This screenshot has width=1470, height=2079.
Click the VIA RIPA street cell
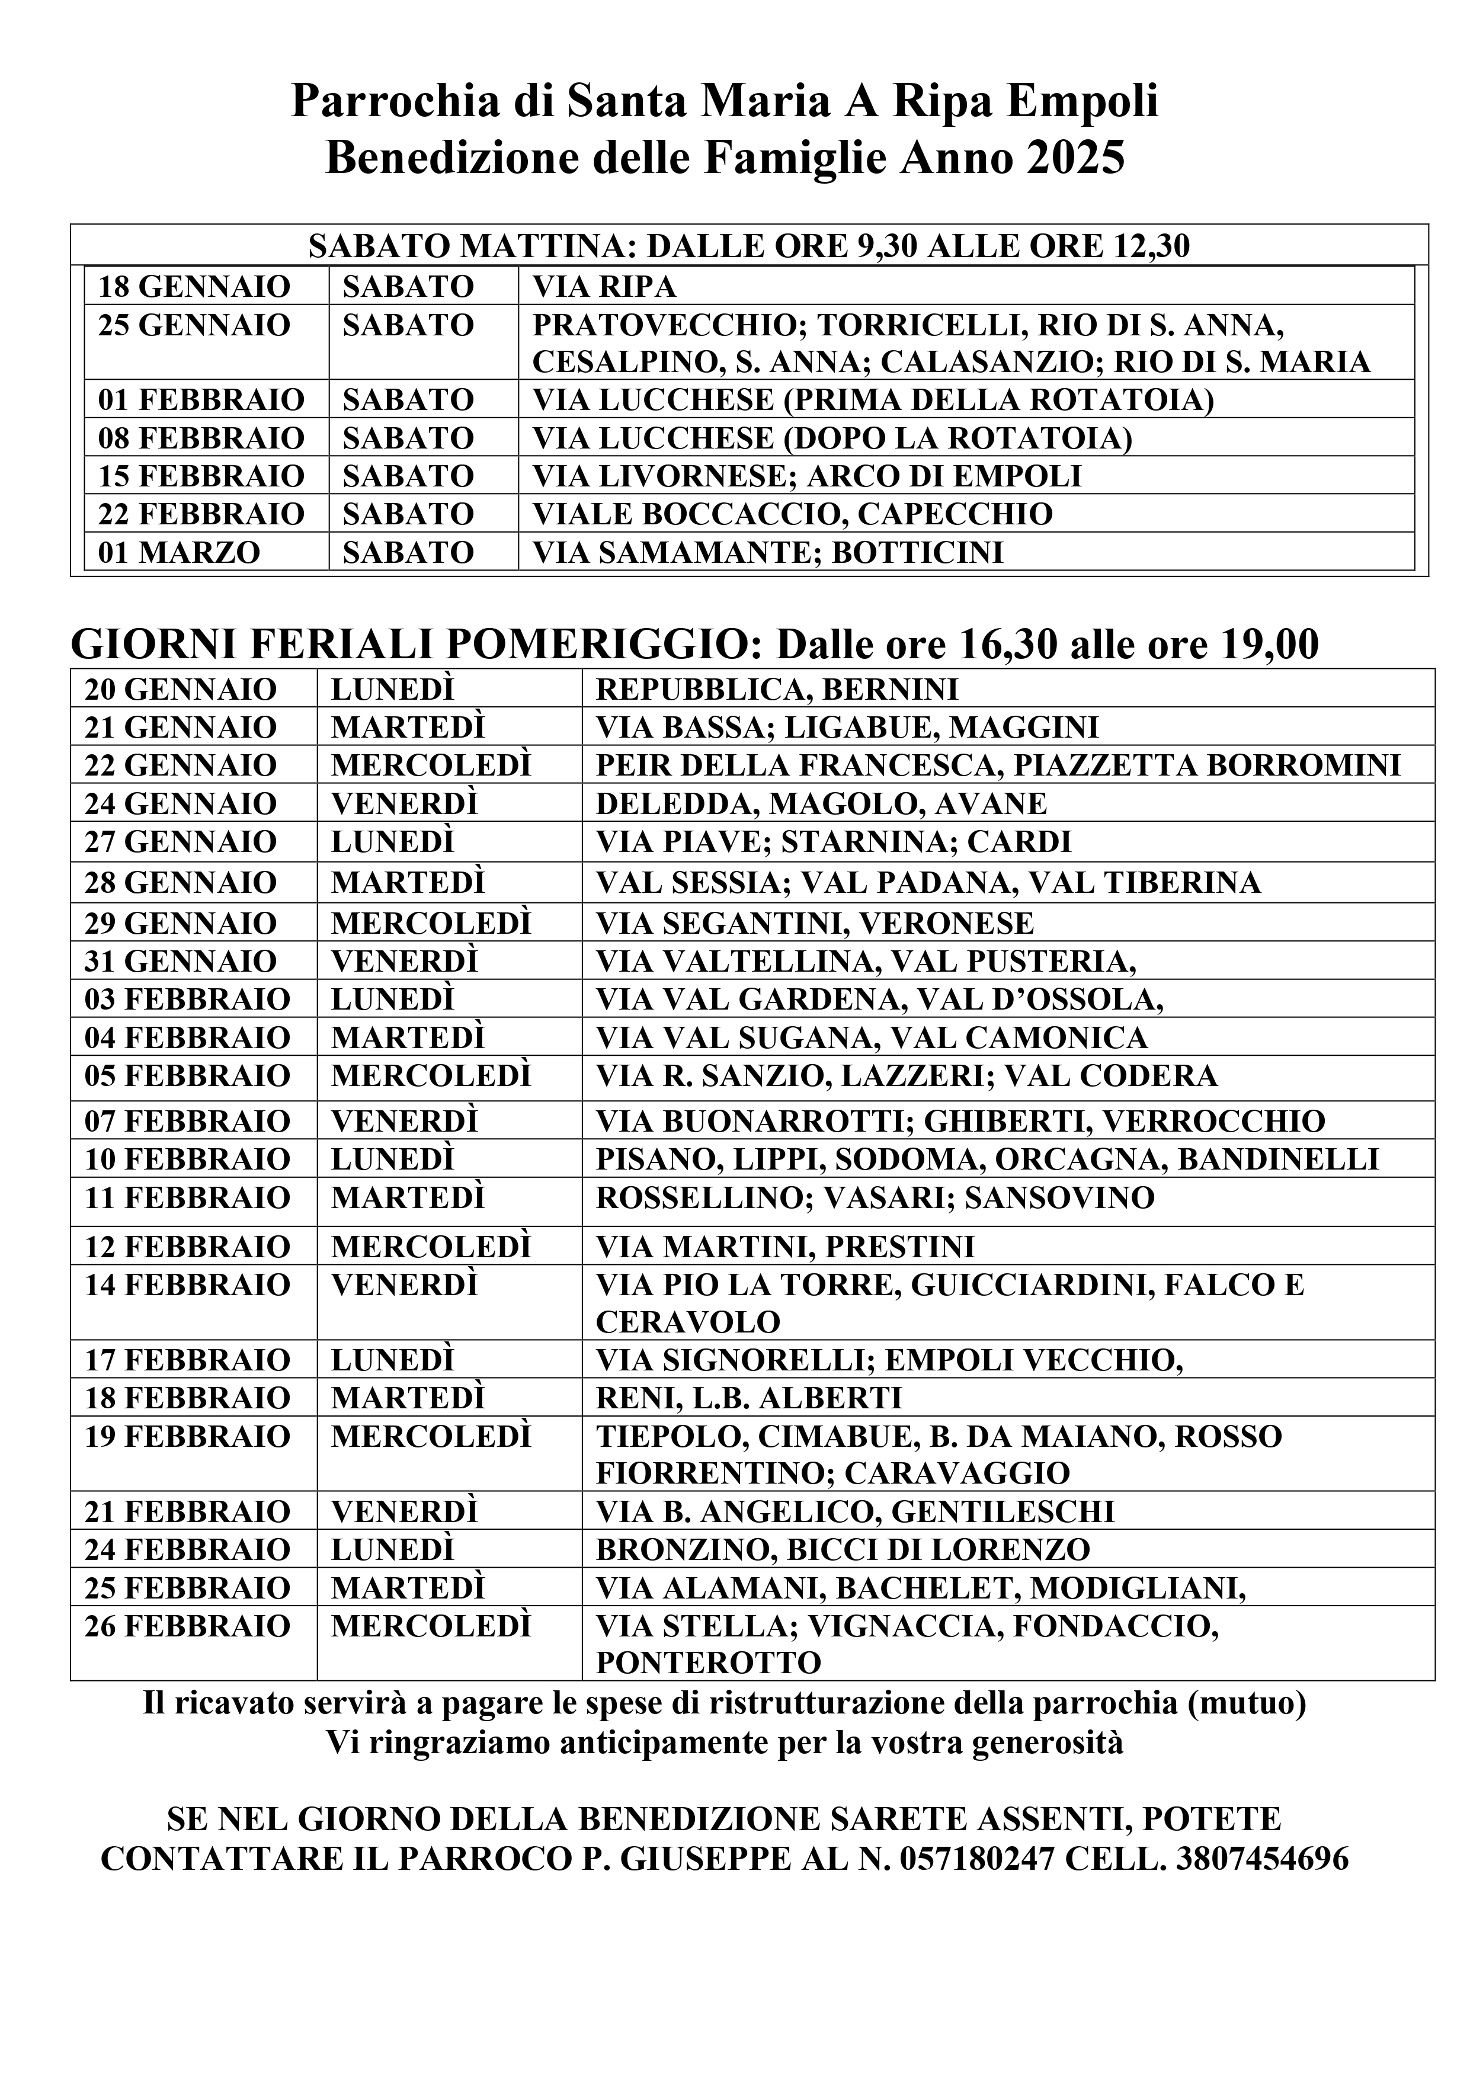[x=604, y=287]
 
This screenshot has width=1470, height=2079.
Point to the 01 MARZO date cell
[x=180, y=552]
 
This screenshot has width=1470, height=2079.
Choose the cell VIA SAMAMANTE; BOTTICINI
[x=768, y=552]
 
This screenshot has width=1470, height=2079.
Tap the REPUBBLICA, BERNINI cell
[x=776, y=690]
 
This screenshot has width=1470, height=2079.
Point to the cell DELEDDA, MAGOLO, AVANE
[x=821, y=804]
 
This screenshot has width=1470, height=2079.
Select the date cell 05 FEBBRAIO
[x=187, y=1076]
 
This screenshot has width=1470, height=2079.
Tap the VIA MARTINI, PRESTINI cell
[x=785, y=1247]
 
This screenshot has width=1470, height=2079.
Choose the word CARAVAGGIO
[x=957, y=1473]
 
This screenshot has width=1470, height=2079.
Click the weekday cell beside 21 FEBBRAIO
[x=404, y=1511]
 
